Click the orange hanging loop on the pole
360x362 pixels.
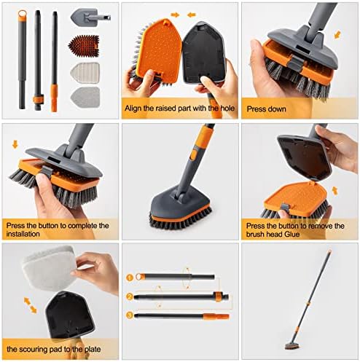23,14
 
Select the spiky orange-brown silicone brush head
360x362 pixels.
85,45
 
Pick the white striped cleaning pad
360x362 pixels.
85,73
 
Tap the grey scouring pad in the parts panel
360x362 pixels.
85,98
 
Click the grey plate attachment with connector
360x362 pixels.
90,17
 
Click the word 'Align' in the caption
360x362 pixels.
133,109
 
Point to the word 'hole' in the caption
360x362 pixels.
227,108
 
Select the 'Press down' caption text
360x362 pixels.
266,109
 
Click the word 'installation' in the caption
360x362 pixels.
23,234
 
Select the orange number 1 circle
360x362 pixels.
130,278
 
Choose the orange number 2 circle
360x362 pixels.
130,296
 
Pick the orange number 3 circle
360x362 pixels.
130,315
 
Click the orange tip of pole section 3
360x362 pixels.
216,316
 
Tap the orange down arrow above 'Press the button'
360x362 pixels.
15,144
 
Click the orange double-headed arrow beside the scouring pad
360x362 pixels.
30,306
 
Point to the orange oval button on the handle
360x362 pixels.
193,155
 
